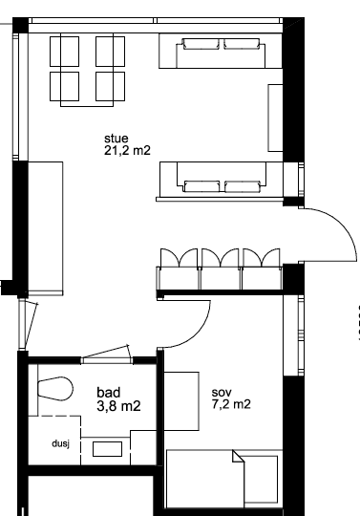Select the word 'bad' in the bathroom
point(109,392)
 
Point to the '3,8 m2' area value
point(119,406)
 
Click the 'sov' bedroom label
point(220,391)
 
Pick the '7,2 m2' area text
point(229,405)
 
